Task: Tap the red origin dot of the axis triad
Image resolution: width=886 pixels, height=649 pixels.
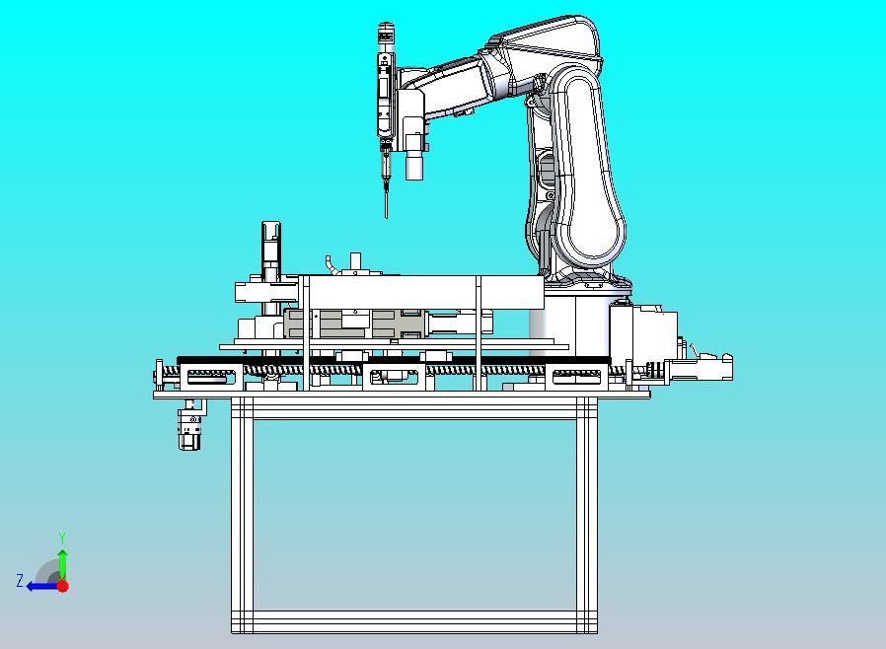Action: click(63, 586)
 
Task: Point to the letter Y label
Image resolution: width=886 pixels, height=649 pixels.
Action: click(63, 538)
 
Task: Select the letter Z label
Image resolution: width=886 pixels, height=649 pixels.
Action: click(20, 580)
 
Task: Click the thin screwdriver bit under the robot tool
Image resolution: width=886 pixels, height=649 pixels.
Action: click(387, 203)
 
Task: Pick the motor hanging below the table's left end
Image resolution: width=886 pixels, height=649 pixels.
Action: click(191, 425)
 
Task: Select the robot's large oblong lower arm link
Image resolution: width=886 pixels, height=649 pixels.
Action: click(588, 170)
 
